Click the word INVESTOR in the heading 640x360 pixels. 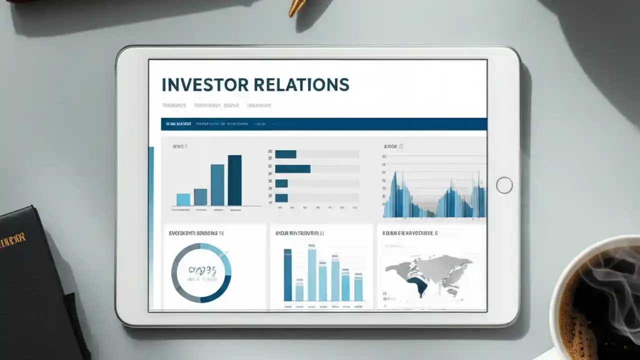click(x=205, y=84)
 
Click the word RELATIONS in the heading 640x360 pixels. click(x=301, y=84)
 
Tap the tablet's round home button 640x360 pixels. click(x=504, y=185)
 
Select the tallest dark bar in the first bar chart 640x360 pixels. click(x=234, y=180)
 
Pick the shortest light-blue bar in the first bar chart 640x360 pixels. click(x=183, y=199)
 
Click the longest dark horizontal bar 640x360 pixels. click(x=292, y=169)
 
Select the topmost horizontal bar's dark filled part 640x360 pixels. click(x=285, y=154)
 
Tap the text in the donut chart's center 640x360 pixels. click(x=201, y=271)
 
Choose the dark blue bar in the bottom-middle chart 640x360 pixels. click(x=287, y=275)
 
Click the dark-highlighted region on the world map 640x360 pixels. click(x=416, y=286)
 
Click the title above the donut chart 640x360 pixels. click(x=196, y=233)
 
